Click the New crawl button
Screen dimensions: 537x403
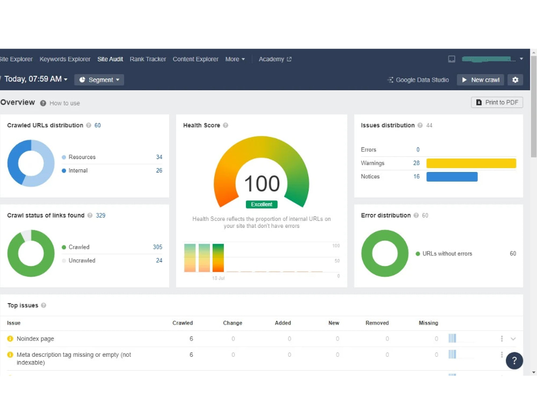pyautogui.click(x=480, y=80)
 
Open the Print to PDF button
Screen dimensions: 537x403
pyautogui.click(x=497, y=103)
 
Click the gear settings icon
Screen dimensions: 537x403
pyautogui.click(x=515, y=80)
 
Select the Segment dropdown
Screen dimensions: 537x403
pyautogui.click(x=99, y=80)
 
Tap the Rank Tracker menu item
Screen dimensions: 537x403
pyautogui.click(x=148, y=59)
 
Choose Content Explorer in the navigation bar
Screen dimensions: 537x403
pyautogui.click(x=195, y=59)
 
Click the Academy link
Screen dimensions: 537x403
pyautogui.click(x=275, y=59)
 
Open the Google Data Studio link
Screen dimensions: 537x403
pyautogui.click(x=418, y=80)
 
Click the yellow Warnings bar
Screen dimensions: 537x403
pyautogui.click(x=471, y=163)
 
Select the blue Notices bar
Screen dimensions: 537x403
pyautogui.click(x=452, y=176)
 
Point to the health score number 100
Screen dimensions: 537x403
pyautogui.click(x=262, y=183)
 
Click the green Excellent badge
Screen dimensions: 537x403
pyautogui.click(x=262, y=204)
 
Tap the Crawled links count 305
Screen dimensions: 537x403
pyautogui.click(x=157, y=247)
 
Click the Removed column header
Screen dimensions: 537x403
pyautogui.click(x=377, y=323)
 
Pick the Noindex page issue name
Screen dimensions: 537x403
pyautogui.click(x=35, y=339)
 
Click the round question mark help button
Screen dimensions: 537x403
pyautogui.click(x=514, y=361)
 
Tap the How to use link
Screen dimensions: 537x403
pyautogui.click(x=65, y=103)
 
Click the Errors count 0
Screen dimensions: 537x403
pyautogui.click(x=418, y=149)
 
